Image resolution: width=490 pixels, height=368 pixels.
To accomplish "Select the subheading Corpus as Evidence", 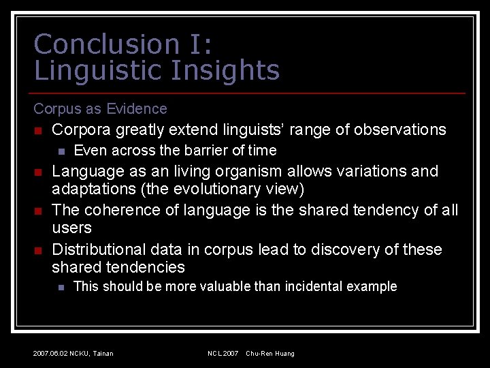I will (x=100, y=108).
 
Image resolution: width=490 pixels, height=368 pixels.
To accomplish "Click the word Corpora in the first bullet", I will (x=82, y=129).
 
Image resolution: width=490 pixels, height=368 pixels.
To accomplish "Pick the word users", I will (x=71, y=228).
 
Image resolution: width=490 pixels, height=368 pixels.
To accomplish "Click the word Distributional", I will (x=100, y=249).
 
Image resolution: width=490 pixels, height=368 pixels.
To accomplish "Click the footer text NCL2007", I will (x=223, y=354).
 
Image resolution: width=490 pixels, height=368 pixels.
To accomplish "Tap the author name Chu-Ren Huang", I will (x=270, y=354).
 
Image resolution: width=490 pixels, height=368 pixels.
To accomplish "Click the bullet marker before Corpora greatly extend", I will (x=39, y=130).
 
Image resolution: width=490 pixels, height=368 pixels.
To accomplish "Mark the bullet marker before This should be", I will (x=61, y=287).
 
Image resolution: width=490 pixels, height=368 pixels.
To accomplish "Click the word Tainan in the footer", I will (x=103, y=354).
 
